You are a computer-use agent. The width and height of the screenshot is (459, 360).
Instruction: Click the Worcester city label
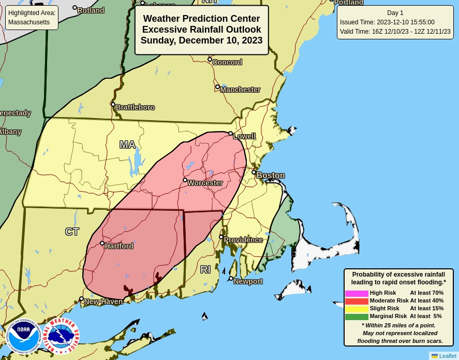[205, 183]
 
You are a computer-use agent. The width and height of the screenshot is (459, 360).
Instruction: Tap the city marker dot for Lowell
[230, 133]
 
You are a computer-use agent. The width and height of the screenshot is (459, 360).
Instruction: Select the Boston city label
[271, 176]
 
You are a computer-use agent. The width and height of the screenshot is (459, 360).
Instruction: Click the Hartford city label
[119, 246]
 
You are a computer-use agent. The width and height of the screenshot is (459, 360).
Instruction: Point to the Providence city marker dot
[221, 237]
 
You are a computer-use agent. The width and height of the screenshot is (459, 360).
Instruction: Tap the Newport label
[248, 281]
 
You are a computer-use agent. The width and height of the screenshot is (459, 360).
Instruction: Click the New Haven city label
[103, 301]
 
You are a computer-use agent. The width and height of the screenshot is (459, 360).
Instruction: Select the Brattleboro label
[135, 107]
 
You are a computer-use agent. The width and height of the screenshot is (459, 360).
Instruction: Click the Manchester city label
[240, 90]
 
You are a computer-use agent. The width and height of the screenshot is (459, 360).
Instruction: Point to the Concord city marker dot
[210, 60]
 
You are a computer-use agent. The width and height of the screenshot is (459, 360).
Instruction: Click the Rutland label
[91, 10]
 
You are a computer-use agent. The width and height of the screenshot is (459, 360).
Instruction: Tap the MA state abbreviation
[127, 145]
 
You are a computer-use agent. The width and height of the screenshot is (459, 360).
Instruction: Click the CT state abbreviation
[72, 232]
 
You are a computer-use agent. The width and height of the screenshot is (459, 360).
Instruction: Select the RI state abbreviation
[205, 269]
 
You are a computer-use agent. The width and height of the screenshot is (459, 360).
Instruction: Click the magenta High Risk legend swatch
[357, 293]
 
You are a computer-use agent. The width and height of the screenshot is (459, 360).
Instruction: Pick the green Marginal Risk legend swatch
[357, 316]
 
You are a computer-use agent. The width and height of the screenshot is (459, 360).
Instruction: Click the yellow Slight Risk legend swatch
[357, 309]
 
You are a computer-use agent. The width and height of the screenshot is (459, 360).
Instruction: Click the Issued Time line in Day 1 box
[387, 22]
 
